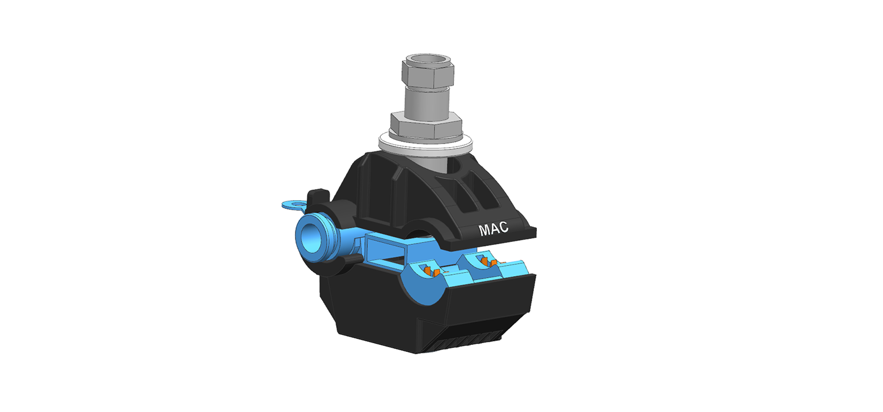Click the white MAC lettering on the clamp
[493, 229]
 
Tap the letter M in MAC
[484, 231]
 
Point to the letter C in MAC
[504, 227]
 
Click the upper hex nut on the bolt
[428, 74]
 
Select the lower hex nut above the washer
[426, 124]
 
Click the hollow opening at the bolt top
[428, 59]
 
